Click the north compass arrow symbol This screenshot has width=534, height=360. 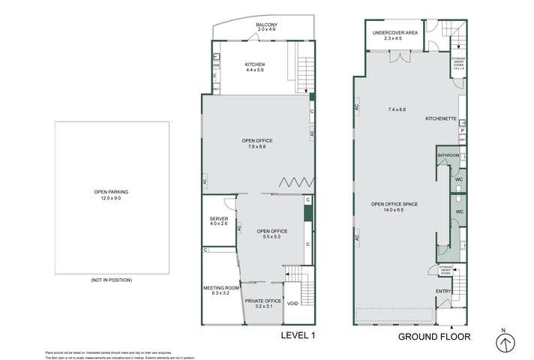point(506,341)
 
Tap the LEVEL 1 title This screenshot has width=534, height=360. point(297,335)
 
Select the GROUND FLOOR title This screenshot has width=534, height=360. point(434,337)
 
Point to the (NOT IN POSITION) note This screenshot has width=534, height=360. point(111,280)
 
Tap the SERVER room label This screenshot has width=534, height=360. point(219,220)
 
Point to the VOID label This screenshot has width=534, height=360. point(293,304)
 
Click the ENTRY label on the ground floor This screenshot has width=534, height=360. point(443,291)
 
